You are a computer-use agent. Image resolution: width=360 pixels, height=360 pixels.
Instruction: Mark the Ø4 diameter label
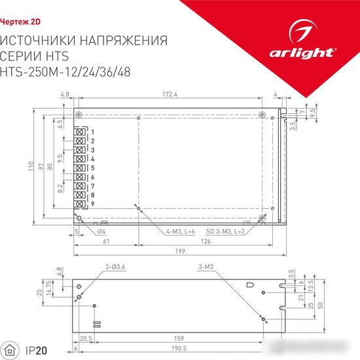[101, 231]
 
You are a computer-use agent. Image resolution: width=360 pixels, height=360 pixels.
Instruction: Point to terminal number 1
[93, 132]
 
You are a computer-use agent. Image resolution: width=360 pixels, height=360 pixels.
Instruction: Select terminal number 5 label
[93, 168]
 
